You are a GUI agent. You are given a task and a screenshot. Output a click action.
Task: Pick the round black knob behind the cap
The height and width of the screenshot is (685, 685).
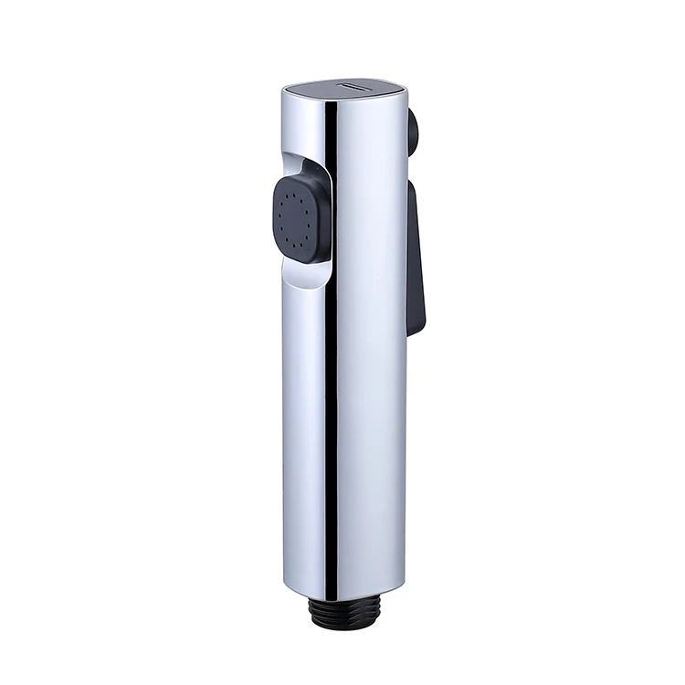[x=413, y=131]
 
